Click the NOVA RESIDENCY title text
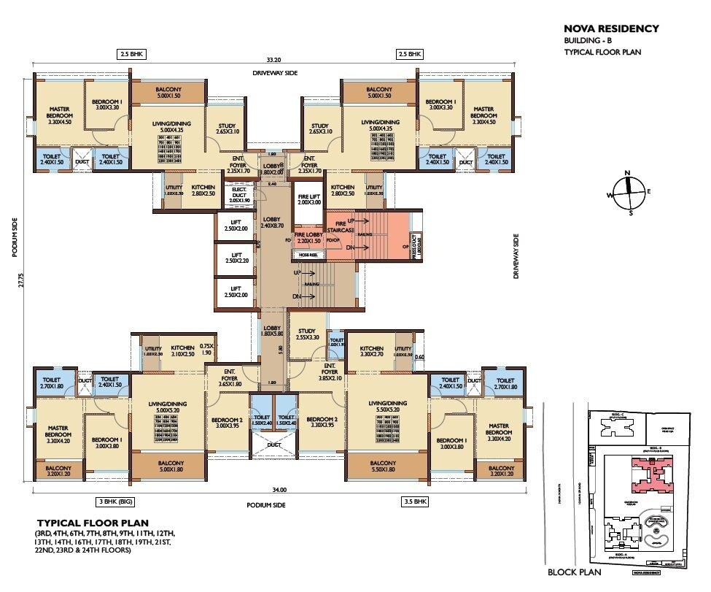coord(611,29)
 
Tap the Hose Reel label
coord(307,254)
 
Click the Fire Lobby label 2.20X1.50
coord(308,237)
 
